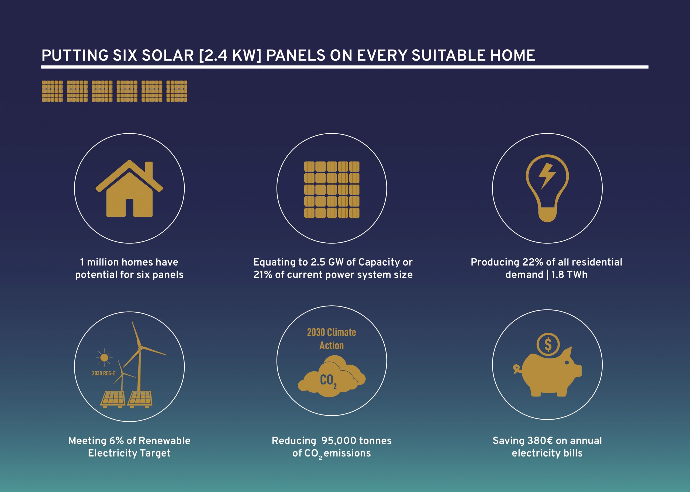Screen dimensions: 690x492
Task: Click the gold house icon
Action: pyautogui.click(x=129, y=189)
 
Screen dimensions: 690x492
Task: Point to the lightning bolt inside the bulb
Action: pyautogui.click(x=547, y=177)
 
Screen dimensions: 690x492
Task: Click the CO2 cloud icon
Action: pyautogui.click(x=332, y=376)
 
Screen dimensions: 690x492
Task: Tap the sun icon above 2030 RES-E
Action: pyautogui.click(x=104, y=358)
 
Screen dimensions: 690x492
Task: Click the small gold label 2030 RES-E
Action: pyautogui.click(x=104, y=373)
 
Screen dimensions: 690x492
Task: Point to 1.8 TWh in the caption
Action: pyautogui.click(x=569, y=274)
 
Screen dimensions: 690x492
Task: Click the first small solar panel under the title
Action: pyautogui.click(x=52, y=91)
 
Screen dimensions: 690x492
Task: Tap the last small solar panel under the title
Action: pyautogui.click(x=177, y=91)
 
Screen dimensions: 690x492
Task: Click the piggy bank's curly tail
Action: pyautogui.click(x=517, y=369)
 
